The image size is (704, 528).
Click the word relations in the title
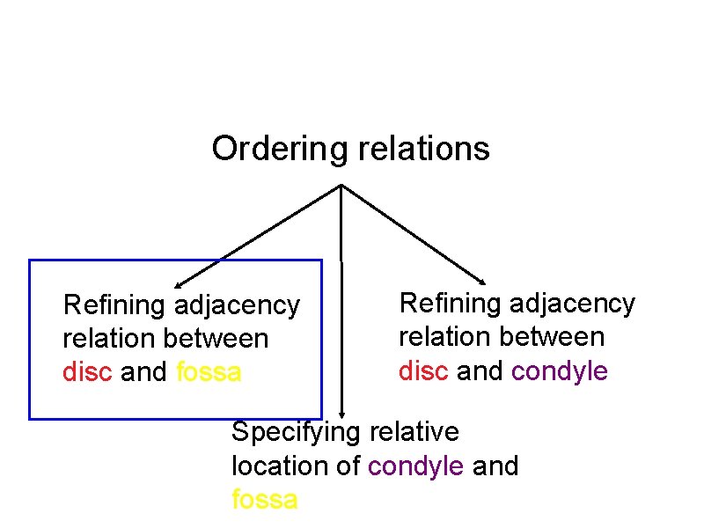[423, 149]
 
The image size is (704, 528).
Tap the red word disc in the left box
[88, 372]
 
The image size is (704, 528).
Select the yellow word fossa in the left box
[209, 372]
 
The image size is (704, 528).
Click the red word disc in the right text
[424, 370]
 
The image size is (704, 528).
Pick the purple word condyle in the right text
[560, 370]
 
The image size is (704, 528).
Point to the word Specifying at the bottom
[295, 432]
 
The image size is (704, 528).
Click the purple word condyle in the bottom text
[416, 466]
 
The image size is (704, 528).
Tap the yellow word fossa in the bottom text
[264, 500]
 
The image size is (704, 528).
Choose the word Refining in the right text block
[451, 304]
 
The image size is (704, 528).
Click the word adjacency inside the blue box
[237, 305]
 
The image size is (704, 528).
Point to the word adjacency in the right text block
[573, 304]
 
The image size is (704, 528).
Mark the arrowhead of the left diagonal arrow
[177, 285]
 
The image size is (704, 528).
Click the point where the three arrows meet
[341, 185]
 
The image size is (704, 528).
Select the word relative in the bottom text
[414, 432]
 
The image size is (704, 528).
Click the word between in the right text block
[560, 337]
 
